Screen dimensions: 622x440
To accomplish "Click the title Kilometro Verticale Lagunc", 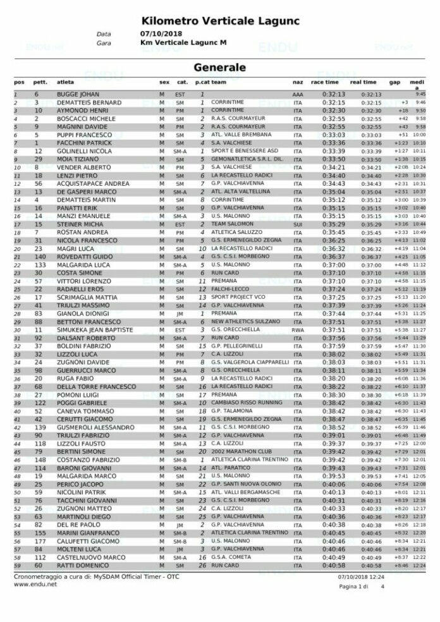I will click(x=219, y=20).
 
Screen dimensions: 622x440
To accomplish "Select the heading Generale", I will click(x=219, y=66).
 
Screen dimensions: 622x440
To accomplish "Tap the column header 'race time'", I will click(x=325, y=82).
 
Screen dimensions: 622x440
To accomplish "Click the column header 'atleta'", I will click(x=65, y=82).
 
